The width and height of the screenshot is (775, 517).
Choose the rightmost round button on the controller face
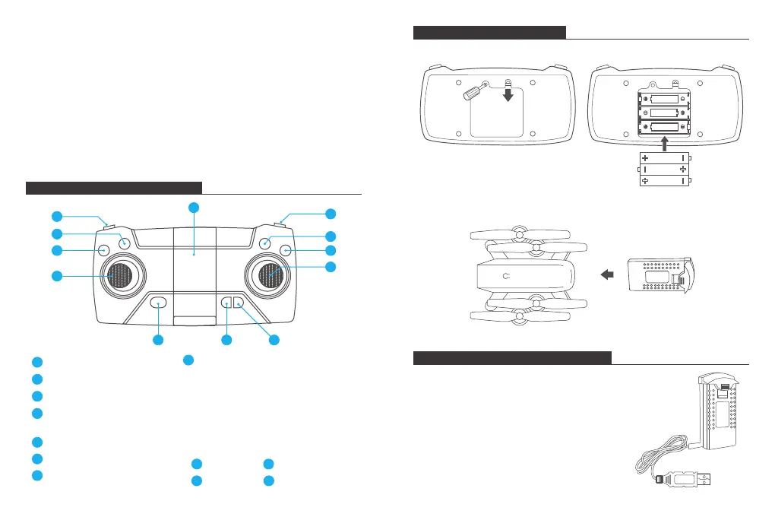point(286,250)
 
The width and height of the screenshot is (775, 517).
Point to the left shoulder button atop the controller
point(109,224)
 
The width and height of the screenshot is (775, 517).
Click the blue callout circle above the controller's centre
point(195,208)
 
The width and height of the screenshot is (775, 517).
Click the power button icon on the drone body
point(507,276)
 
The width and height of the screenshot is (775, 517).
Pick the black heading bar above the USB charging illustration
point(512,358)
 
